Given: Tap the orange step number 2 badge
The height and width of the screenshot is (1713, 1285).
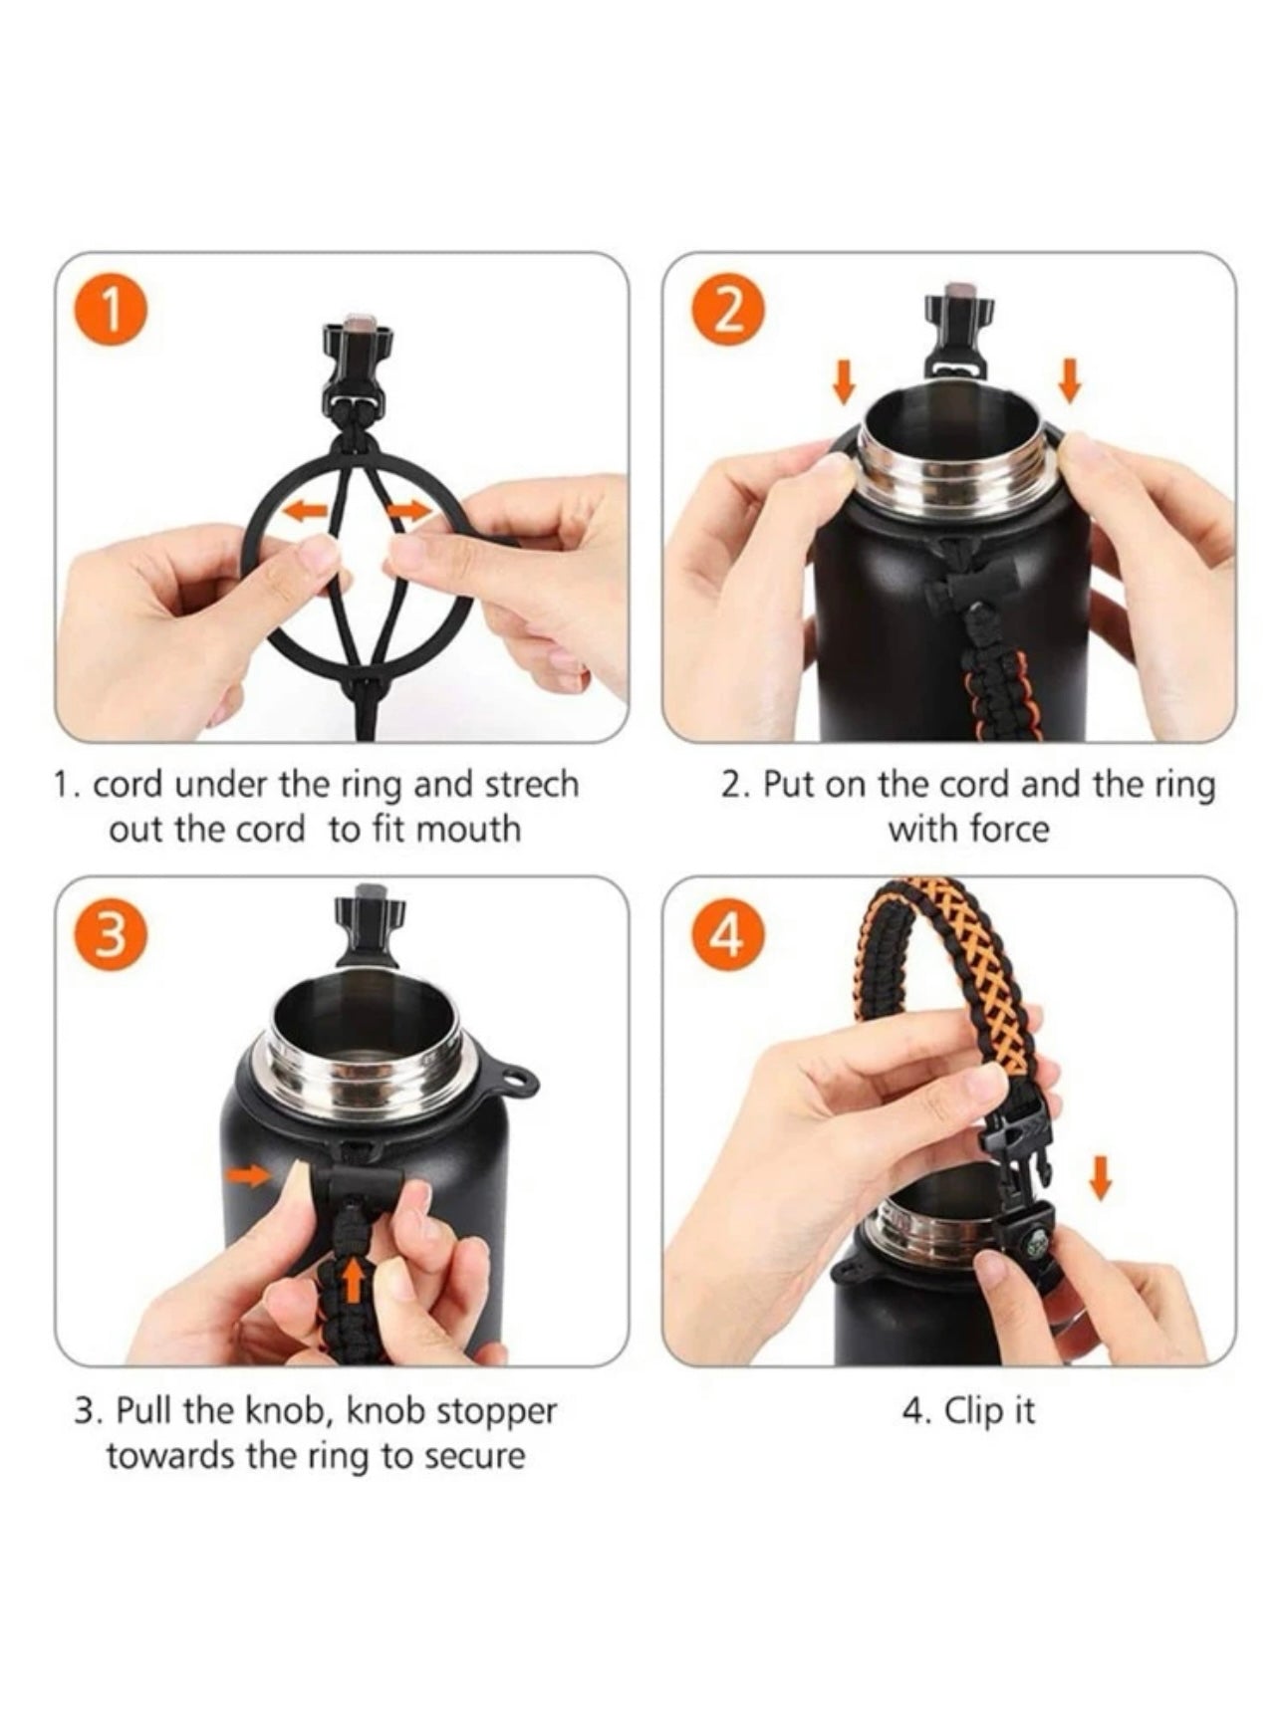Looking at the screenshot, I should tap(729, 312).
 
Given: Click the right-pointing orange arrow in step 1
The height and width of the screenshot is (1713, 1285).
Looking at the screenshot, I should tap(408, 511).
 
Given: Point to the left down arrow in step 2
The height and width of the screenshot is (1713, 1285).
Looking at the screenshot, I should tap(844, 382).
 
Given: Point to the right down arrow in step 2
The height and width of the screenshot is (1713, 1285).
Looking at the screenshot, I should tap(1071, 382).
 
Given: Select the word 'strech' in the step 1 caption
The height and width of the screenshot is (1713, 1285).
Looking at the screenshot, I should tap(530, 785).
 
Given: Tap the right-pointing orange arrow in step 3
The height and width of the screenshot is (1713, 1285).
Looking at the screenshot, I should tap(249, 1176).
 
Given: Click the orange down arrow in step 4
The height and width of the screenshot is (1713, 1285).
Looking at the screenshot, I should tap(1100, 1178).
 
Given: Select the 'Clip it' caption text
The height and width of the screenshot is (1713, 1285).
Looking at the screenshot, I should tap(967, 1411).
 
